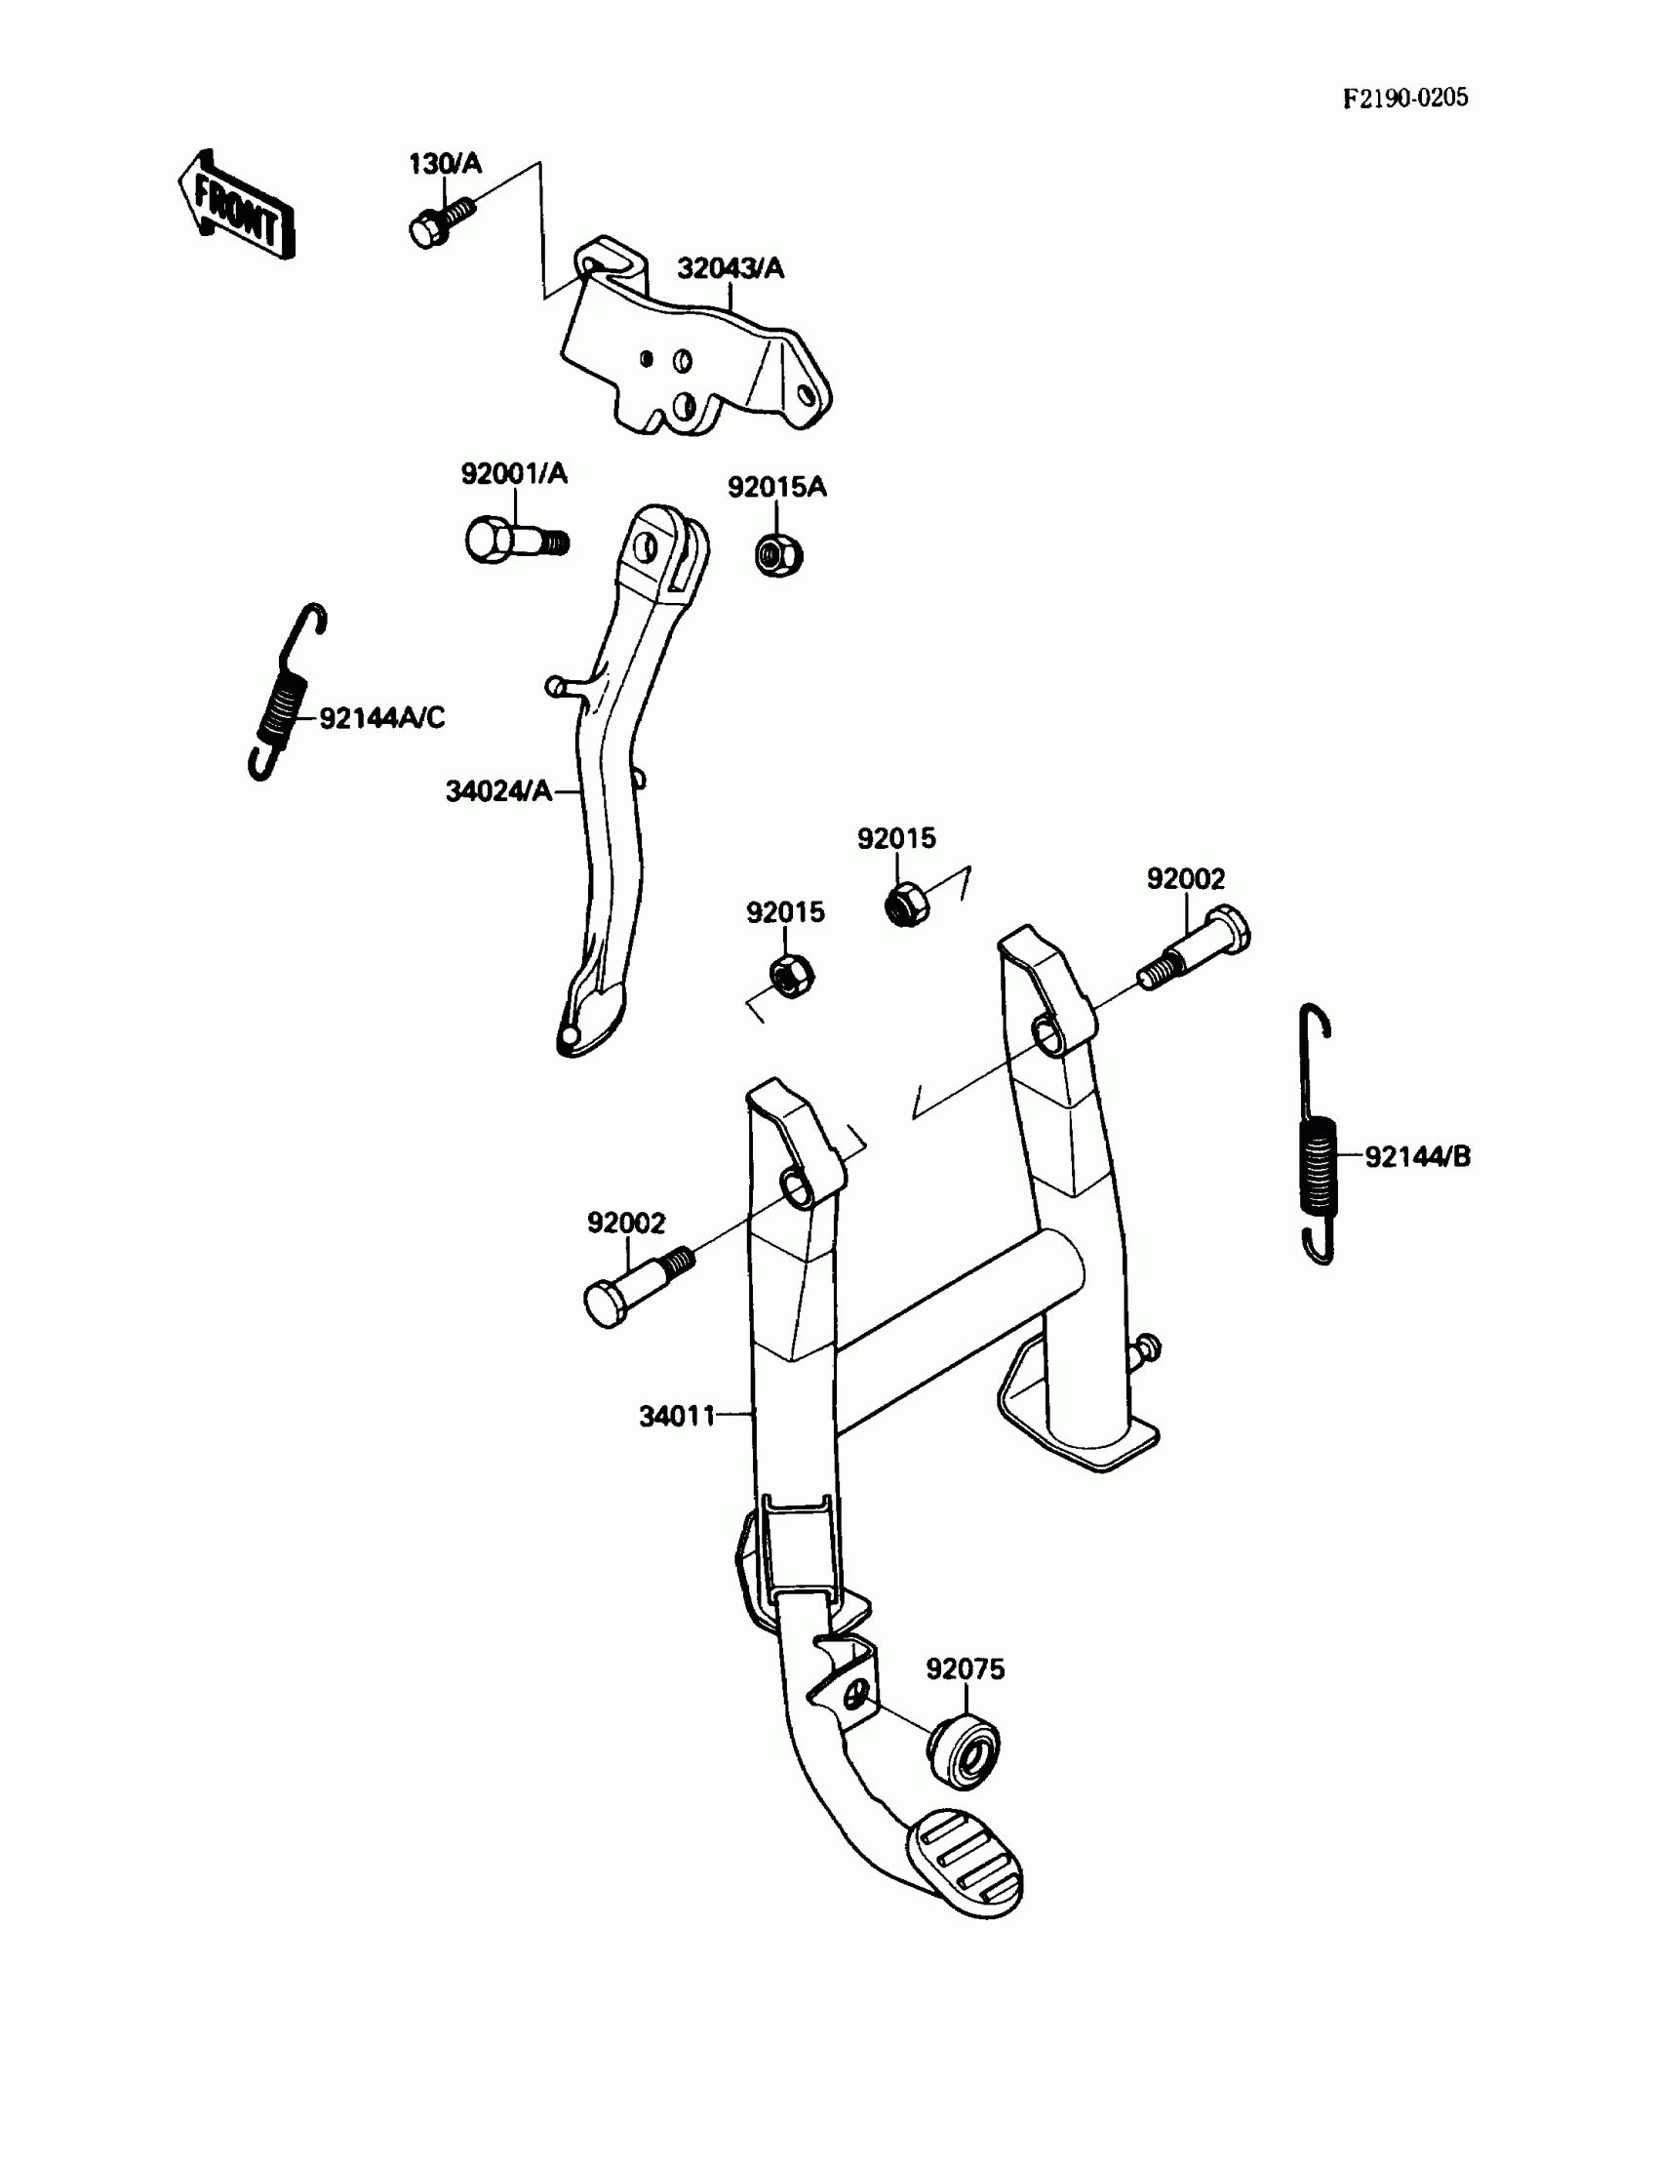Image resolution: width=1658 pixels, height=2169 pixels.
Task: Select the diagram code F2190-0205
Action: click(1404, 98)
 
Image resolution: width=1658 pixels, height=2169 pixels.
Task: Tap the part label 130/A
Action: click(445, 164)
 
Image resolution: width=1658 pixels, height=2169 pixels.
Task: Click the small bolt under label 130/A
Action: click(437, 223)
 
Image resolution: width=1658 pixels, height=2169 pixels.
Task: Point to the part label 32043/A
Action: click(730, 268)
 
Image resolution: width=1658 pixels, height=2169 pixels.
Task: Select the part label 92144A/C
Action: click(382, 718)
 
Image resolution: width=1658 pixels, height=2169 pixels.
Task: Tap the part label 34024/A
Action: click(498, 790)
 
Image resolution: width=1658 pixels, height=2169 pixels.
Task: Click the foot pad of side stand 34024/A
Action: click(589, 1021)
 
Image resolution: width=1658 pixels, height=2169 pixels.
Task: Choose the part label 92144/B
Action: click(1417, 1156)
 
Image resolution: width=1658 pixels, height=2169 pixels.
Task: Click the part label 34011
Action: click(677, 1417)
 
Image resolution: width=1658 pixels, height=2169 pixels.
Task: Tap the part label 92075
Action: click(965, 1669)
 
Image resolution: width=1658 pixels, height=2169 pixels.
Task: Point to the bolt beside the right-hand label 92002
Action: click(1196, 949)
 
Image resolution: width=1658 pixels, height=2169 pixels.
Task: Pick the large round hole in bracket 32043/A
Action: click(683, 405)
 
